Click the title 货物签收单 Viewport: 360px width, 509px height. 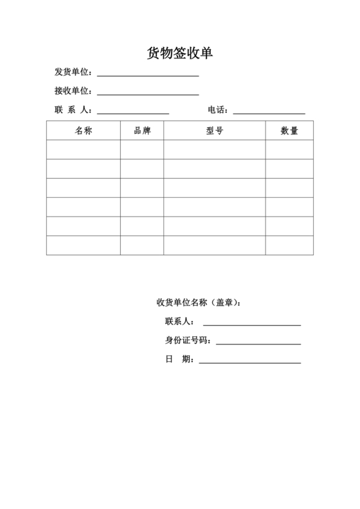click(x=179, y=53)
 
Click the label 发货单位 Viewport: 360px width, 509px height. click(x=73, y=71)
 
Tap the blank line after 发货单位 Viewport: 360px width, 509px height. click(x=147, y=75)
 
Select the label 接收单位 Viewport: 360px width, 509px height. click(x=73, y=91)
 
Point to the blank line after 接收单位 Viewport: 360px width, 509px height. click(x=147, y=94)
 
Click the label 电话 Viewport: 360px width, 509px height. click(x=218, y=110)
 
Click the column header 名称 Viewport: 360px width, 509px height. click(x=84, y=130)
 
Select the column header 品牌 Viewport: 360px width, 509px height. click(x=142, y=130)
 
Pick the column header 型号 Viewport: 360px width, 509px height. click(x=215, y=130)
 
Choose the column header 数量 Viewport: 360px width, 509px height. click(x=289, y=130)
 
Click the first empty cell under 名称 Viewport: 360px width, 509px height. click(x=84, y=150)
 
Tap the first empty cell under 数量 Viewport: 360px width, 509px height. click(x=289, y=150)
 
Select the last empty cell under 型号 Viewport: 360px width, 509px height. click(x=215, y=246)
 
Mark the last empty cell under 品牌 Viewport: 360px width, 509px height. click(x=142, y=246)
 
